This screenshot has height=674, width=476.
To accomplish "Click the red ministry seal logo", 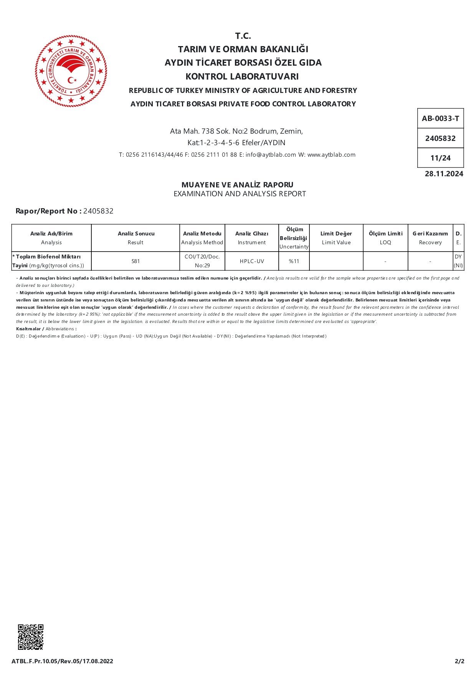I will click(71, 71).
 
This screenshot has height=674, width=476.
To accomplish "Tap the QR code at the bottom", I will click(31, 637).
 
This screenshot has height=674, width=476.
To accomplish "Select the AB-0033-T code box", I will click(440, 119).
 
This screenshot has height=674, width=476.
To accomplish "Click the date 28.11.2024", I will click(444, 174).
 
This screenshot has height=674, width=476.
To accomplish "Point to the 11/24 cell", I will click(440, 158).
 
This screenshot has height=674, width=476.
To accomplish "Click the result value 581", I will click(136, 261).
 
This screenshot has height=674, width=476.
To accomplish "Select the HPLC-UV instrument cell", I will click(252, 261).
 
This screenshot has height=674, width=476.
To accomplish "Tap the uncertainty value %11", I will click(294, 261).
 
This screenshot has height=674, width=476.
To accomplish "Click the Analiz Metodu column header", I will click(202, 233).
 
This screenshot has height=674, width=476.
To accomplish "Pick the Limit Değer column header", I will click(336, 233).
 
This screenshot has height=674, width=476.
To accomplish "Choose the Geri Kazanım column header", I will click(430, 233).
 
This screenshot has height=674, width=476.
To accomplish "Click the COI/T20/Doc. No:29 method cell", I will click(202, 261).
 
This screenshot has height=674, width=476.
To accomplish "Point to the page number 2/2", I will click(459, 661).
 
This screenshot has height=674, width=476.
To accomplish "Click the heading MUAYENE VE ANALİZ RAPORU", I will click(237, 185).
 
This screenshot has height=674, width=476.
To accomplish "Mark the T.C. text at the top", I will click(243, 36).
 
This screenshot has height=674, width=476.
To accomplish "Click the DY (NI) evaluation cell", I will click(458, 261).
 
